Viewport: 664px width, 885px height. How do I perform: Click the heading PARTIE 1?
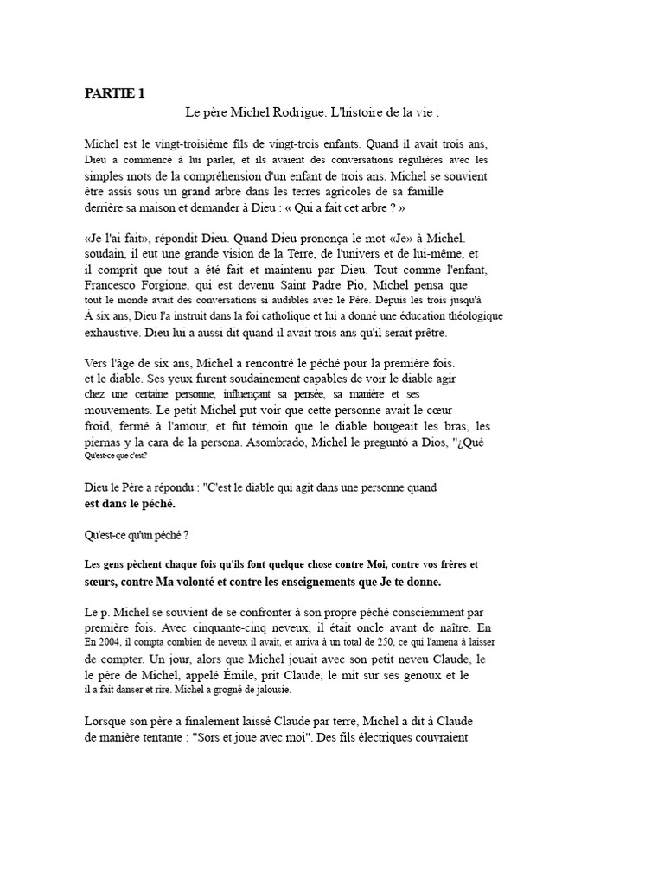click(x=114, y=94)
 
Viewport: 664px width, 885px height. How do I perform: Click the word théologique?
click(x=469, y=316)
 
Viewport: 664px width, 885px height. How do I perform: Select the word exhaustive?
click(x=117, y=333)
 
